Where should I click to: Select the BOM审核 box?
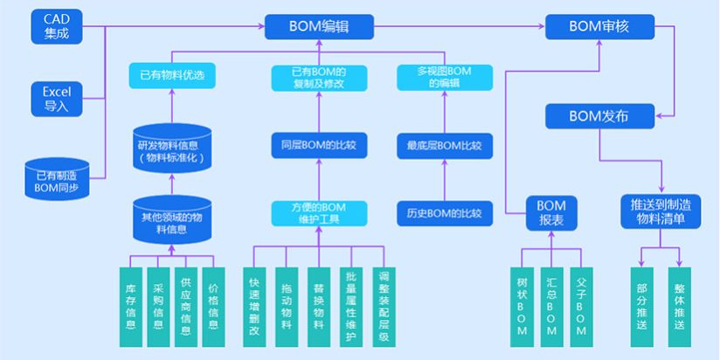[599, 26]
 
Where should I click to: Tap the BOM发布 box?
[599, 115]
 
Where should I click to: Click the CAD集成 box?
[56, 26]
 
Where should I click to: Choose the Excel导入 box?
[56, 99]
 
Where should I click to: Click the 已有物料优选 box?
[171, 76]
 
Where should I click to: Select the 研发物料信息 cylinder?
[170, 150]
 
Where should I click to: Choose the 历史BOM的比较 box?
[446, 212]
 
